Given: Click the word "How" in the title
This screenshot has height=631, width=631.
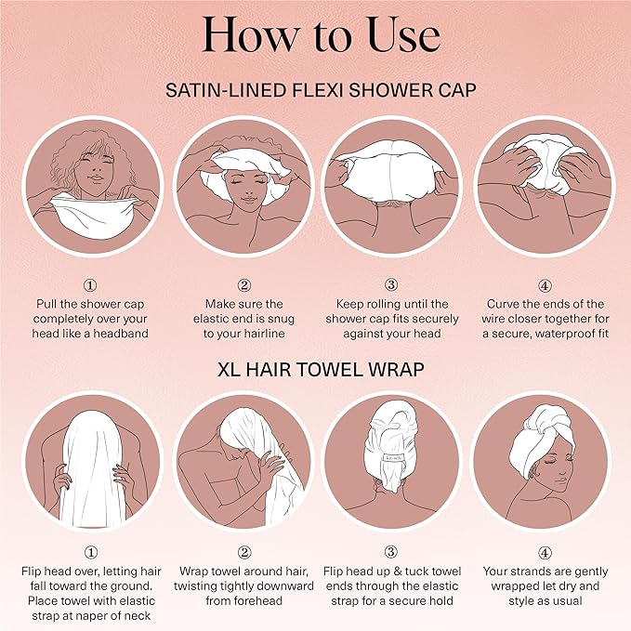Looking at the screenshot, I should pyautogui.click(x=244, y=35).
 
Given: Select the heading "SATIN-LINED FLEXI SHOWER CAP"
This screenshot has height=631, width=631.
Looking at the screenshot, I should pyautogui.click(x=314, y=90).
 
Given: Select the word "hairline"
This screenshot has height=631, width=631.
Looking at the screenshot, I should pyautogui.click(x=267, y=334).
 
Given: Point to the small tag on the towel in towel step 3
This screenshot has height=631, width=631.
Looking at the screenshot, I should pyautogui.click(x=390, y=457).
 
